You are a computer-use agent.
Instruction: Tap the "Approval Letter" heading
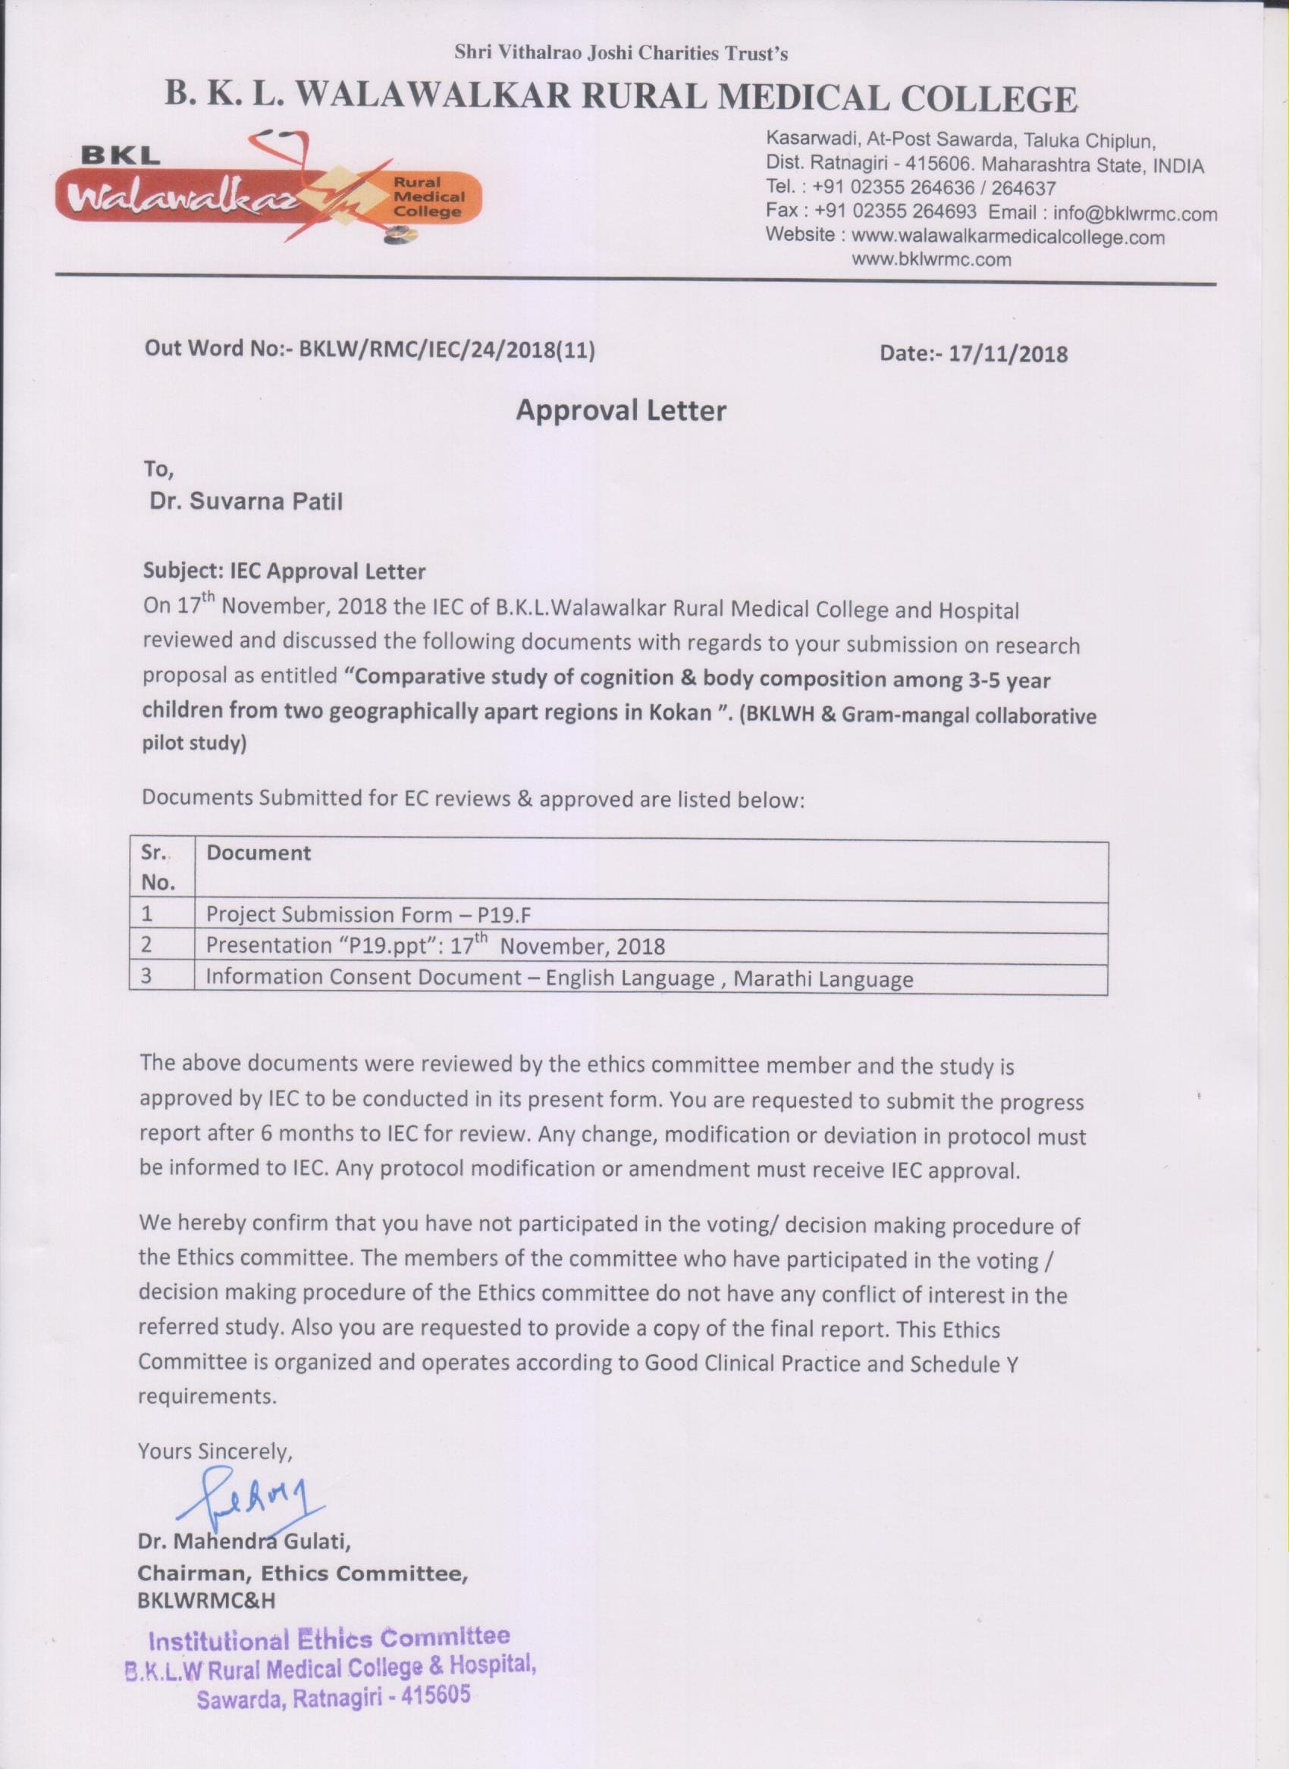point(621,410)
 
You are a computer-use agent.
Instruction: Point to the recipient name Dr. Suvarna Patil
point(246,501)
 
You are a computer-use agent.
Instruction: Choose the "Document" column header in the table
point(259,853)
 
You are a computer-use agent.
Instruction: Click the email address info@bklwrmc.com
point(1134,213)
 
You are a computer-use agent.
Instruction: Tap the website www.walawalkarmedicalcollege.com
point(1008,236)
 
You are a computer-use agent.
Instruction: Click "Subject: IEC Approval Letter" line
point(285,571)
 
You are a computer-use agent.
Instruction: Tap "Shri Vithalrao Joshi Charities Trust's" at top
point(621,53)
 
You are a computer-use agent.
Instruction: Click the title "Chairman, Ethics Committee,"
point(303,1573)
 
